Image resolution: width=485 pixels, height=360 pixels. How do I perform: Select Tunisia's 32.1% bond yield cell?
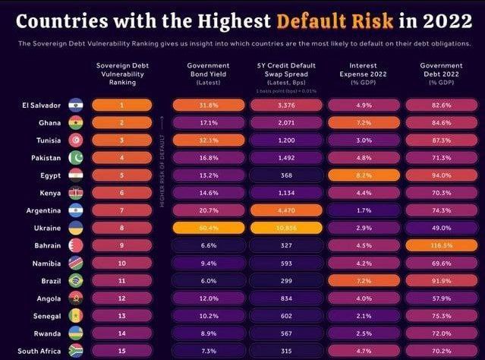pos(203,141)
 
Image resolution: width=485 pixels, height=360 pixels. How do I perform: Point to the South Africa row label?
pos(39,352)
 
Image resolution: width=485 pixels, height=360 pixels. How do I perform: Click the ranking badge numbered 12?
pos(121,298)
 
